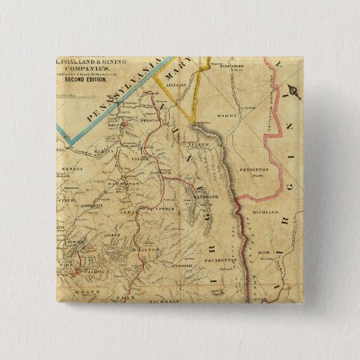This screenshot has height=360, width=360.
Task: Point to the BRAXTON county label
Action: tap(148, 249)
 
